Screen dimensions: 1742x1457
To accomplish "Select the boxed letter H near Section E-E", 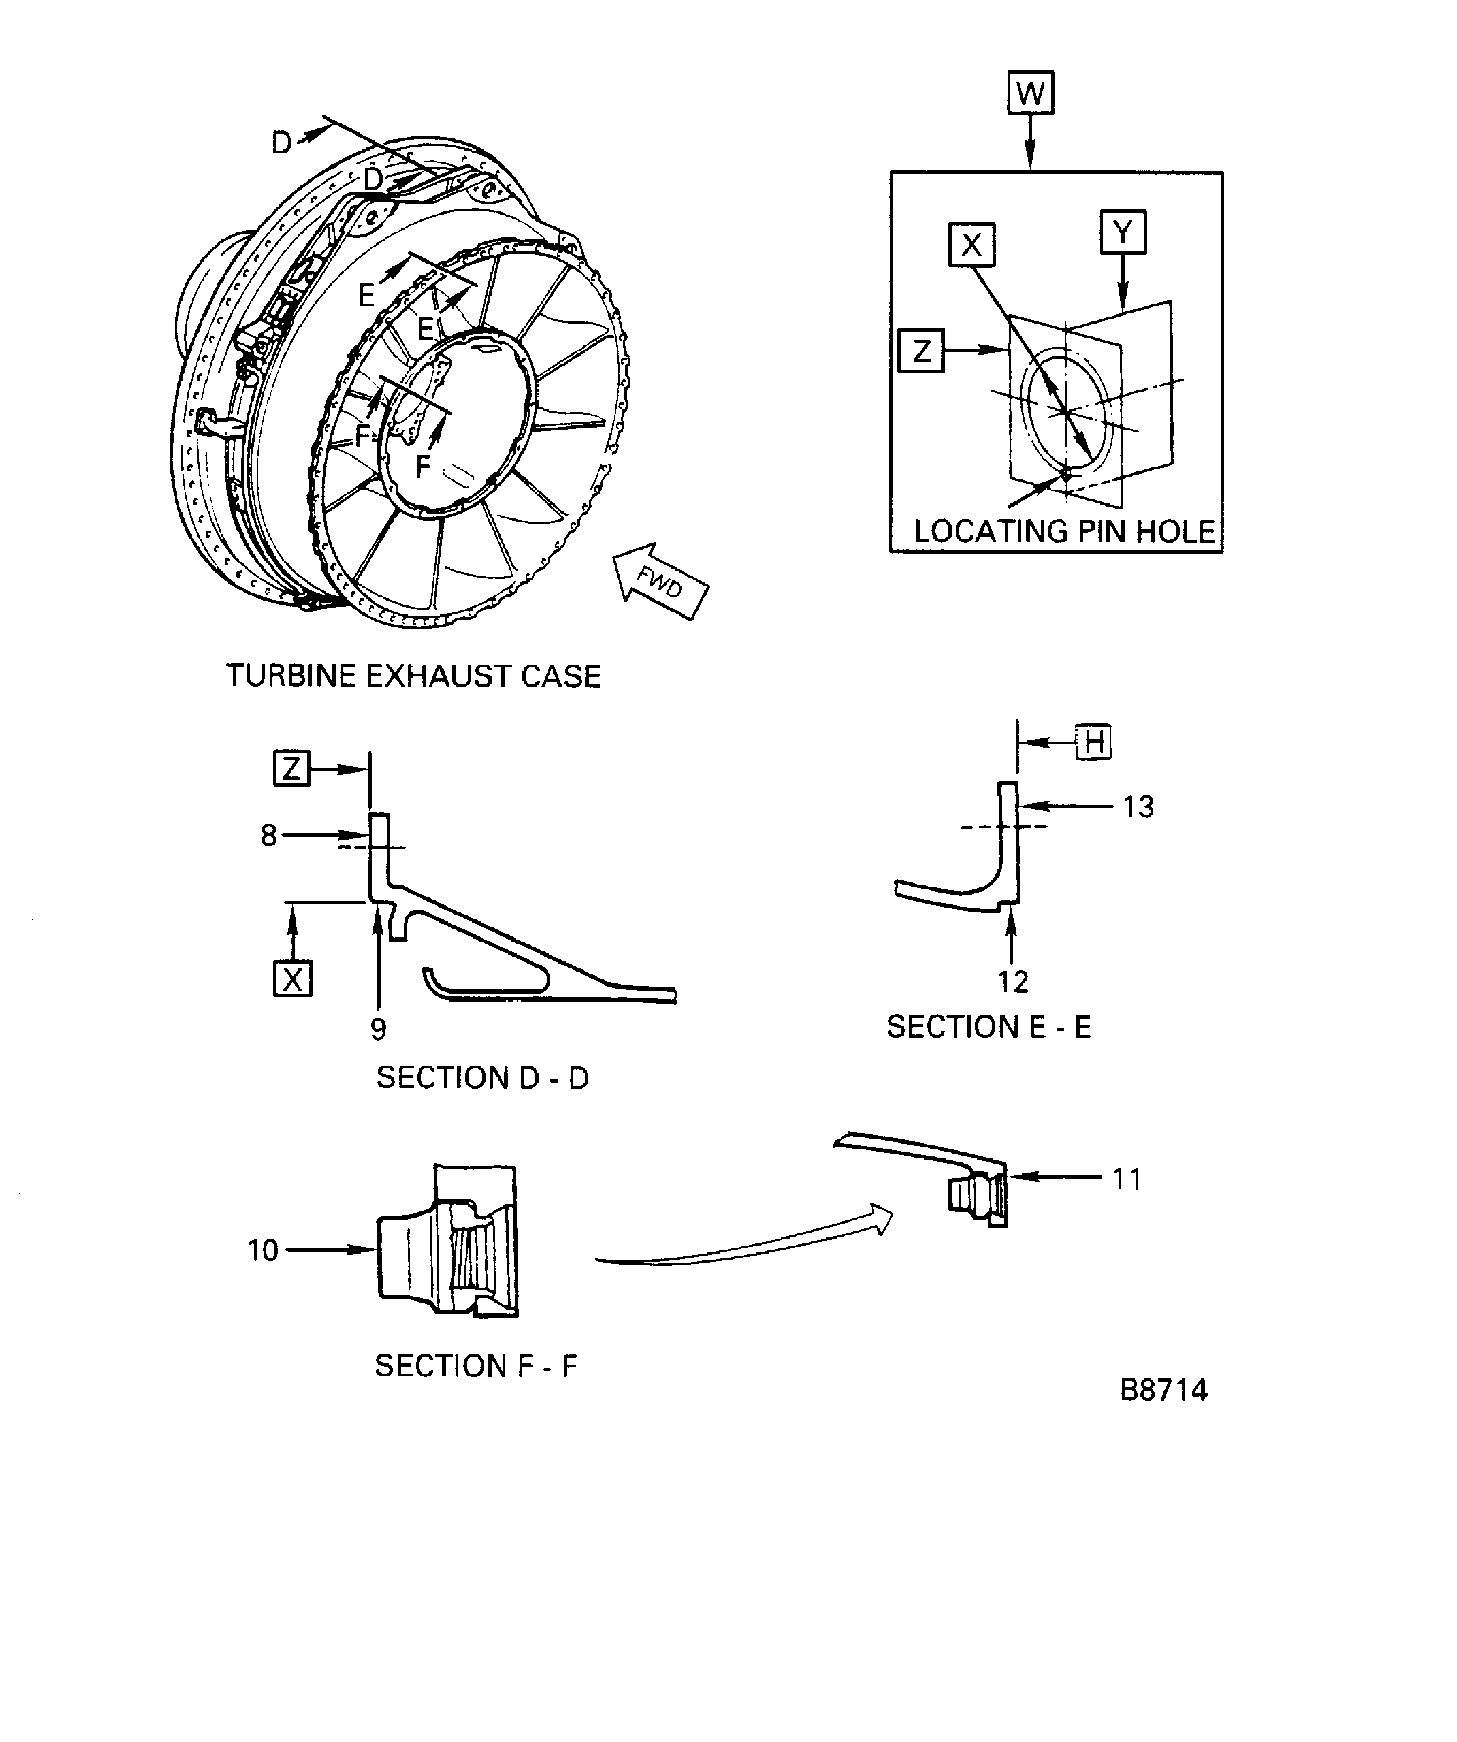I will [x=1093, y=741].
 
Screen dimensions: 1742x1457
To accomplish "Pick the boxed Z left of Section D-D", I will [x=291, y=769].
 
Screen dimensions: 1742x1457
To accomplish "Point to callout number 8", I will [x=268, y=835].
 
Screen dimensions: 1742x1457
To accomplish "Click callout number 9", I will [x=378, y=1029].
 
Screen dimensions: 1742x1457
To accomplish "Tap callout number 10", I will [x=263, y=1250].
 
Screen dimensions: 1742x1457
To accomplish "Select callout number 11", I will [x=1127, y=1179].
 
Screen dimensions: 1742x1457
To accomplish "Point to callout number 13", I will [x=1138, y=807].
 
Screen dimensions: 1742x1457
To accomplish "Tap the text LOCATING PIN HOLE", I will [x=1064, y=532].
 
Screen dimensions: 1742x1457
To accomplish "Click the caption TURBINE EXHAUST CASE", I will [x=413, y=676].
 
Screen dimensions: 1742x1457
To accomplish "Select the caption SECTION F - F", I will [x=476, y=1366].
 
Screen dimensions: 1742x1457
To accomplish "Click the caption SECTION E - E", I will [x=988, y=1027].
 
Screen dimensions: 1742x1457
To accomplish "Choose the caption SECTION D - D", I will [x=482, y=1077].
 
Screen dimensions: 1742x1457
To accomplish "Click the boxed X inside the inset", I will [x=971, y=244].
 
